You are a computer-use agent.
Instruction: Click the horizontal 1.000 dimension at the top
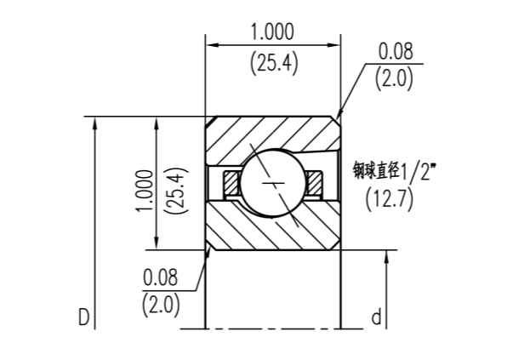(272, 32)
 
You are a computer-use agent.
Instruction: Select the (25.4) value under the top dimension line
(272, 63)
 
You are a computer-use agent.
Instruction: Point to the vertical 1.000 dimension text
(144, 192)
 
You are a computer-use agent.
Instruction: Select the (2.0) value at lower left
(161, 304)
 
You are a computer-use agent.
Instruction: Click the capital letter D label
(83, 318)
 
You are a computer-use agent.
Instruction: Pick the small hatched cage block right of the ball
(315, 181)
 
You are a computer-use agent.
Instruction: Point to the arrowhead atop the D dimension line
(96, 121)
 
